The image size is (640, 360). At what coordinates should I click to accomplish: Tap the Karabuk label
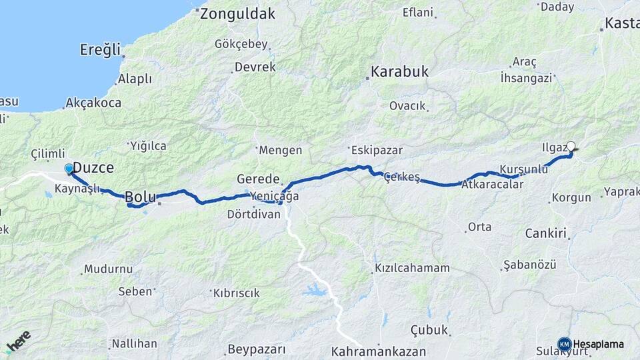pyautogui.click(x=400, y=71)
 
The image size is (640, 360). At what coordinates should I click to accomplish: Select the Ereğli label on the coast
pyautogui.click(x=101, y=49)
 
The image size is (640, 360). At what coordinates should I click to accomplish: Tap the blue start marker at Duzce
pyautogui.click(x=69, y=169)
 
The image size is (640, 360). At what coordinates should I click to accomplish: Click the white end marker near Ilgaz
pyautogui.click(x=571, y=146)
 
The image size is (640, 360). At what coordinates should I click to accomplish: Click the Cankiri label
pyautogui.click(x=545, y=233)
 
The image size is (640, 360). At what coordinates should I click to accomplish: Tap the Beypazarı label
pyautogui.click(x=257, y=349)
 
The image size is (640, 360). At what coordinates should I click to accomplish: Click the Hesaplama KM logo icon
pyautogui.click(x=564, y=344)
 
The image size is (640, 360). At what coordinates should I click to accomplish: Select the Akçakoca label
pyautogui.click(x=93, y=103)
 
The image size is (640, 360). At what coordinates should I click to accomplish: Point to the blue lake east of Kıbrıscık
pyautogui.click(x=315, y=290)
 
